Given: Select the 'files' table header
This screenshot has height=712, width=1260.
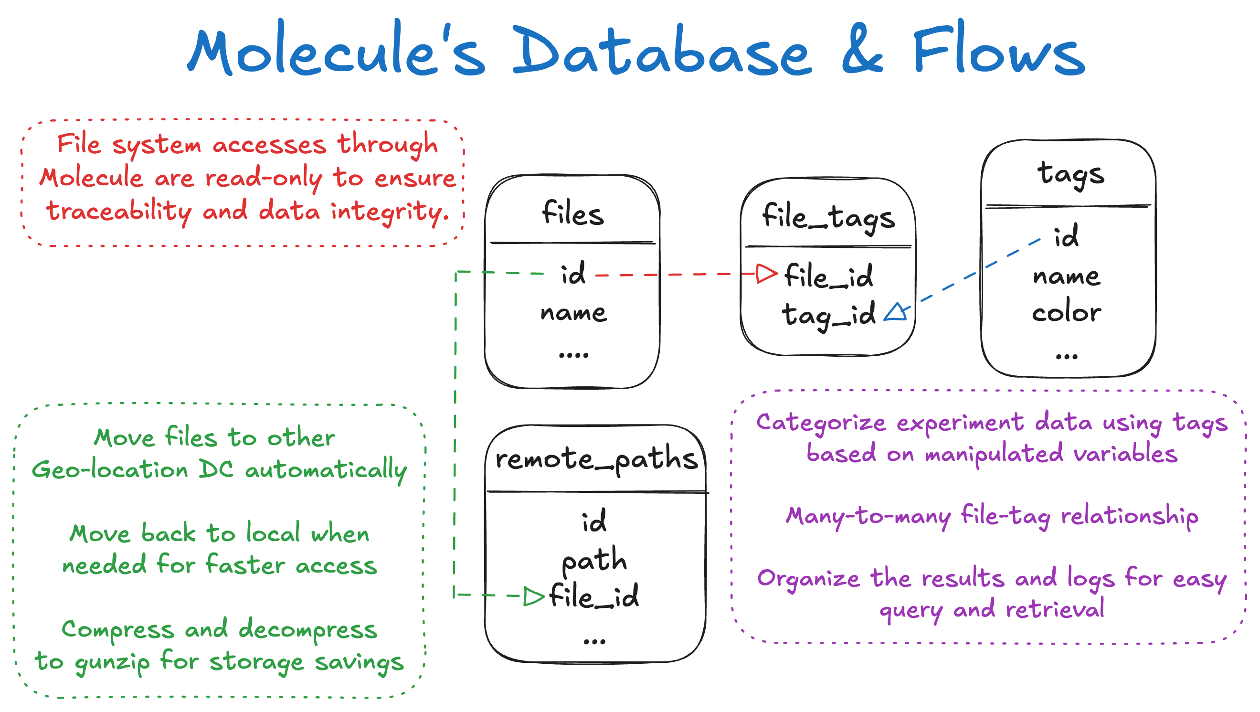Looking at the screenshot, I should pos(573,213).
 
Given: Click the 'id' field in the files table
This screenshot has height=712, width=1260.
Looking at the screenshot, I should pos(573,274).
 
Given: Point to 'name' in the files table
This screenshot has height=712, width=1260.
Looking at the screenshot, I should pos(573,313).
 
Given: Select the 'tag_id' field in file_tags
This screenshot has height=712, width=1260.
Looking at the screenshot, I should pos(828,315).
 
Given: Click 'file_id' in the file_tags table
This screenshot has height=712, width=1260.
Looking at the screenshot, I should pos(828,276).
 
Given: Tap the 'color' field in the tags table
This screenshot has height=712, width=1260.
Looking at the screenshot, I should pos(1066,312).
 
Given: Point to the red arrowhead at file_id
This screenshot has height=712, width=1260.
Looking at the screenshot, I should pos(766,274).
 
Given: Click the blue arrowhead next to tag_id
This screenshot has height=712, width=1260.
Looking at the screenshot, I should pos(897,312).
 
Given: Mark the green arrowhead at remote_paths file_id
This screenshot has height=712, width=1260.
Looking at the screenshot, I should pos(533,596).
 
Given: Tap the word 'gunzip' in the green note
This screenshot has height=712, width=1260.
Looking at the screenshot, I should pos(112,663).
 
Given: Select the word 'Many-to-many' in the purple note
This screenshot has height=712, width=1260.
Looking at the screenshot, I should pos(868,517).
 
